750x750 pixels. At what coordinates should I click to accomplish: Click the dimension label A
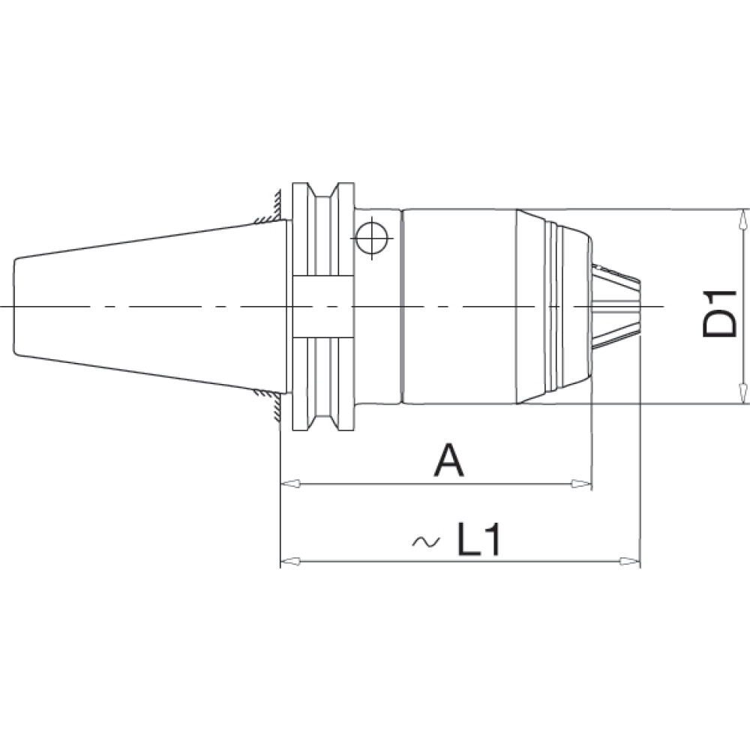[x=448, y=460]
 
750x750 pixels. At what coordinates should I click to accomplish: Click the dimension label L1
[x=478, y=538]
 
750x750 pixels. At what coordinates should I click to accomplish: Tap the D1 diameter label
[x=719, y=313]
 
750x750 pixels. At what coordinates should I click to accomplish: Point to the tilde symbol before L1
[x=426, y=541]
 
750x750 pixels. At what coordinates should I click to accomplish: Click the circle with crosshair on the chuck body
[x=372, y=238]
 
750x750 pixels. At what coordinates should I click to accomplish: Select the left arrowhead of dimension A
[x=290, y=484]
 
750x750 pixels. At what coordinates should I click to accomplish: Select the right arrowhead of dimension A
[x=582, y=484]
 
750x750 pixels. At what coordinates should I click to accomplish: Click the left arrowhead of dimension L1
[x=290, y=560]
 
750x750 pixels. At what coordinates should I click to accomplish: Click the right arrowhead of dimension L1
[x=629, y=560]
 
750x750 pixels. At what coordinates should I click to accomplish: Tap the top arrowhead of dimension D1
[x=742, y=219]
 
